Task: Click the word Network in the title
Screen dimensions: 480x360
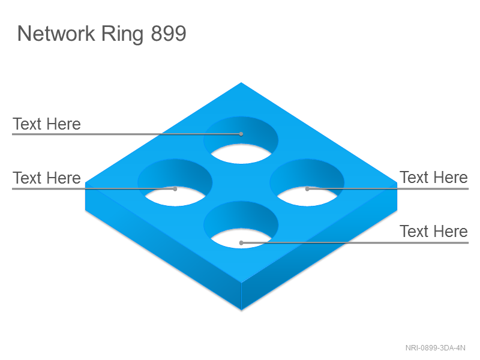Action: tap(56, 34)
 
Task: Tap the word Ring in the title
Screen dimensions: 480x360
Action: tap(122, 35)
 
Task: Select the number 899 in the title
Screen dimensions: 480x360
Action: tap(169, 34)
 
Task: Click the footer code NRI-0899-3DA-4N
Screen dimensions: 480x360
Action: tap(436, 348)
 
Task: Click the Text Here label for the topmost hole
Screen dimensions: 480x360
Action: tap(47, 124)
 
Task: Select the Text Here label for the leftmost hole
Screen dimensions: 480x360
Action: tap(47, 178)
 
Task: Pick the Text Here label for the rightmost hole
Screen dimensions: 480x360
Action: tap(434, 178)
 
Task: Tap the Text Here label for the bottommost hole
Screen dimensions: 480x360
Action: tap(434, 232)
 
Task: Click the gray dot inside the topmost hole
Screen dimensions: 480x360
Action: tap(241, 134)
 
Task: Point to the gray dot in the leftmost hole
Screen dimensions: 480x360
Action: tap(175, 189)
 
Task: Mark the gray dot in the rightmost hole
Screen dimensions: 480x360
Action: tap(307, 189)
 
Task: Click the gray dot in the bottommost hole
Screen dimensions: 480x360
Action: tap(241, 243)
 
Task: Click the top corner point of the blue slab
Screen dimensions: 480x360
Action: tap(241, 82)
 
